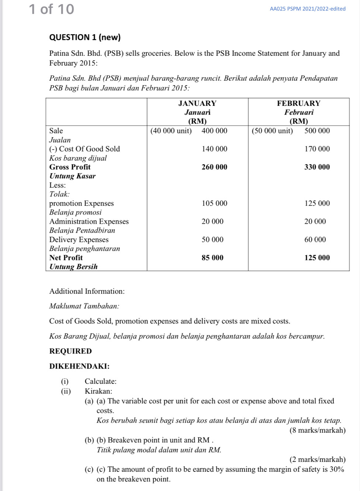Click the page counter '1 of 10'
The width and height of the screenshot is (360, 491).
[51, 9]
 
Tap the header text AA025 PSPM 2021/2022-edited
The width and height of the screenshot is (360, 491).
[307, 9]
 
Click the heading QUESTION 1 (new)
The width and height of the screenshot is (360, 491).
[85, 37]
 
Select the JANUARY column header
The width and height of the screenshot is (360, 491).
[197, 103]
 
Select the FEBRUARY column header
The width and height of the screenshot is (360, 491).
[298, 103]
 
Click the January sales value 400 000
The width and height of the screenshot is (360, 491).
[214, 131]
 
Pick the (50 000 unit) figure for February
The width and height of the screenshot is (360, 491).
[272, 131]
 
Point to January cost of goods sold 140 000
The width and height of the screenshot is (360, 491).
[214, 149]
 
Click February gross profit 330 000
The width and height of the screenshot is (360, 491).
[317, 167]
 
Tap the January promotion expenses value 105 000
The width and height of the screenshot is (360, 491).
[214, 203]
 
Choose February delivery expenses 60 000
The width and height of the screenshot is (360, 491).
[315, 240]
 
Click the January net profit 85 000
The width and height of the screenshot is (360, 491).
[212, 258]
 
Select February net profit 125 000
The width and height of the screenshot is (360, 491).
[317, 258]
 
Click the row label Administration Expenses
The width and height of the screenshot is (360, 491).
[89, 222]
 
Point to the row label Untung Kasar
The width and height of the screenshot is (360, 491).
[72, 176]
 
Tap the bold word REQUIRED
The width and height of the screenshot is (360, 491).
[70, 351]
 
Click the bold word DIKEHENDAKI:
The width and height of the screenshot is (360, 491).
[79, 366]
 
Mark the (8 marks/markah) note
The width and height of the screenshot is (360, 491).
[318, 430]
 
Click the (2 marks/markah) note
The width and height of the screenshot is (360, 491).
[318, 459]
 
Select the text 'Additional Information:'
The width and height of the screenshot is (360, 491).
[87, 291]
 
